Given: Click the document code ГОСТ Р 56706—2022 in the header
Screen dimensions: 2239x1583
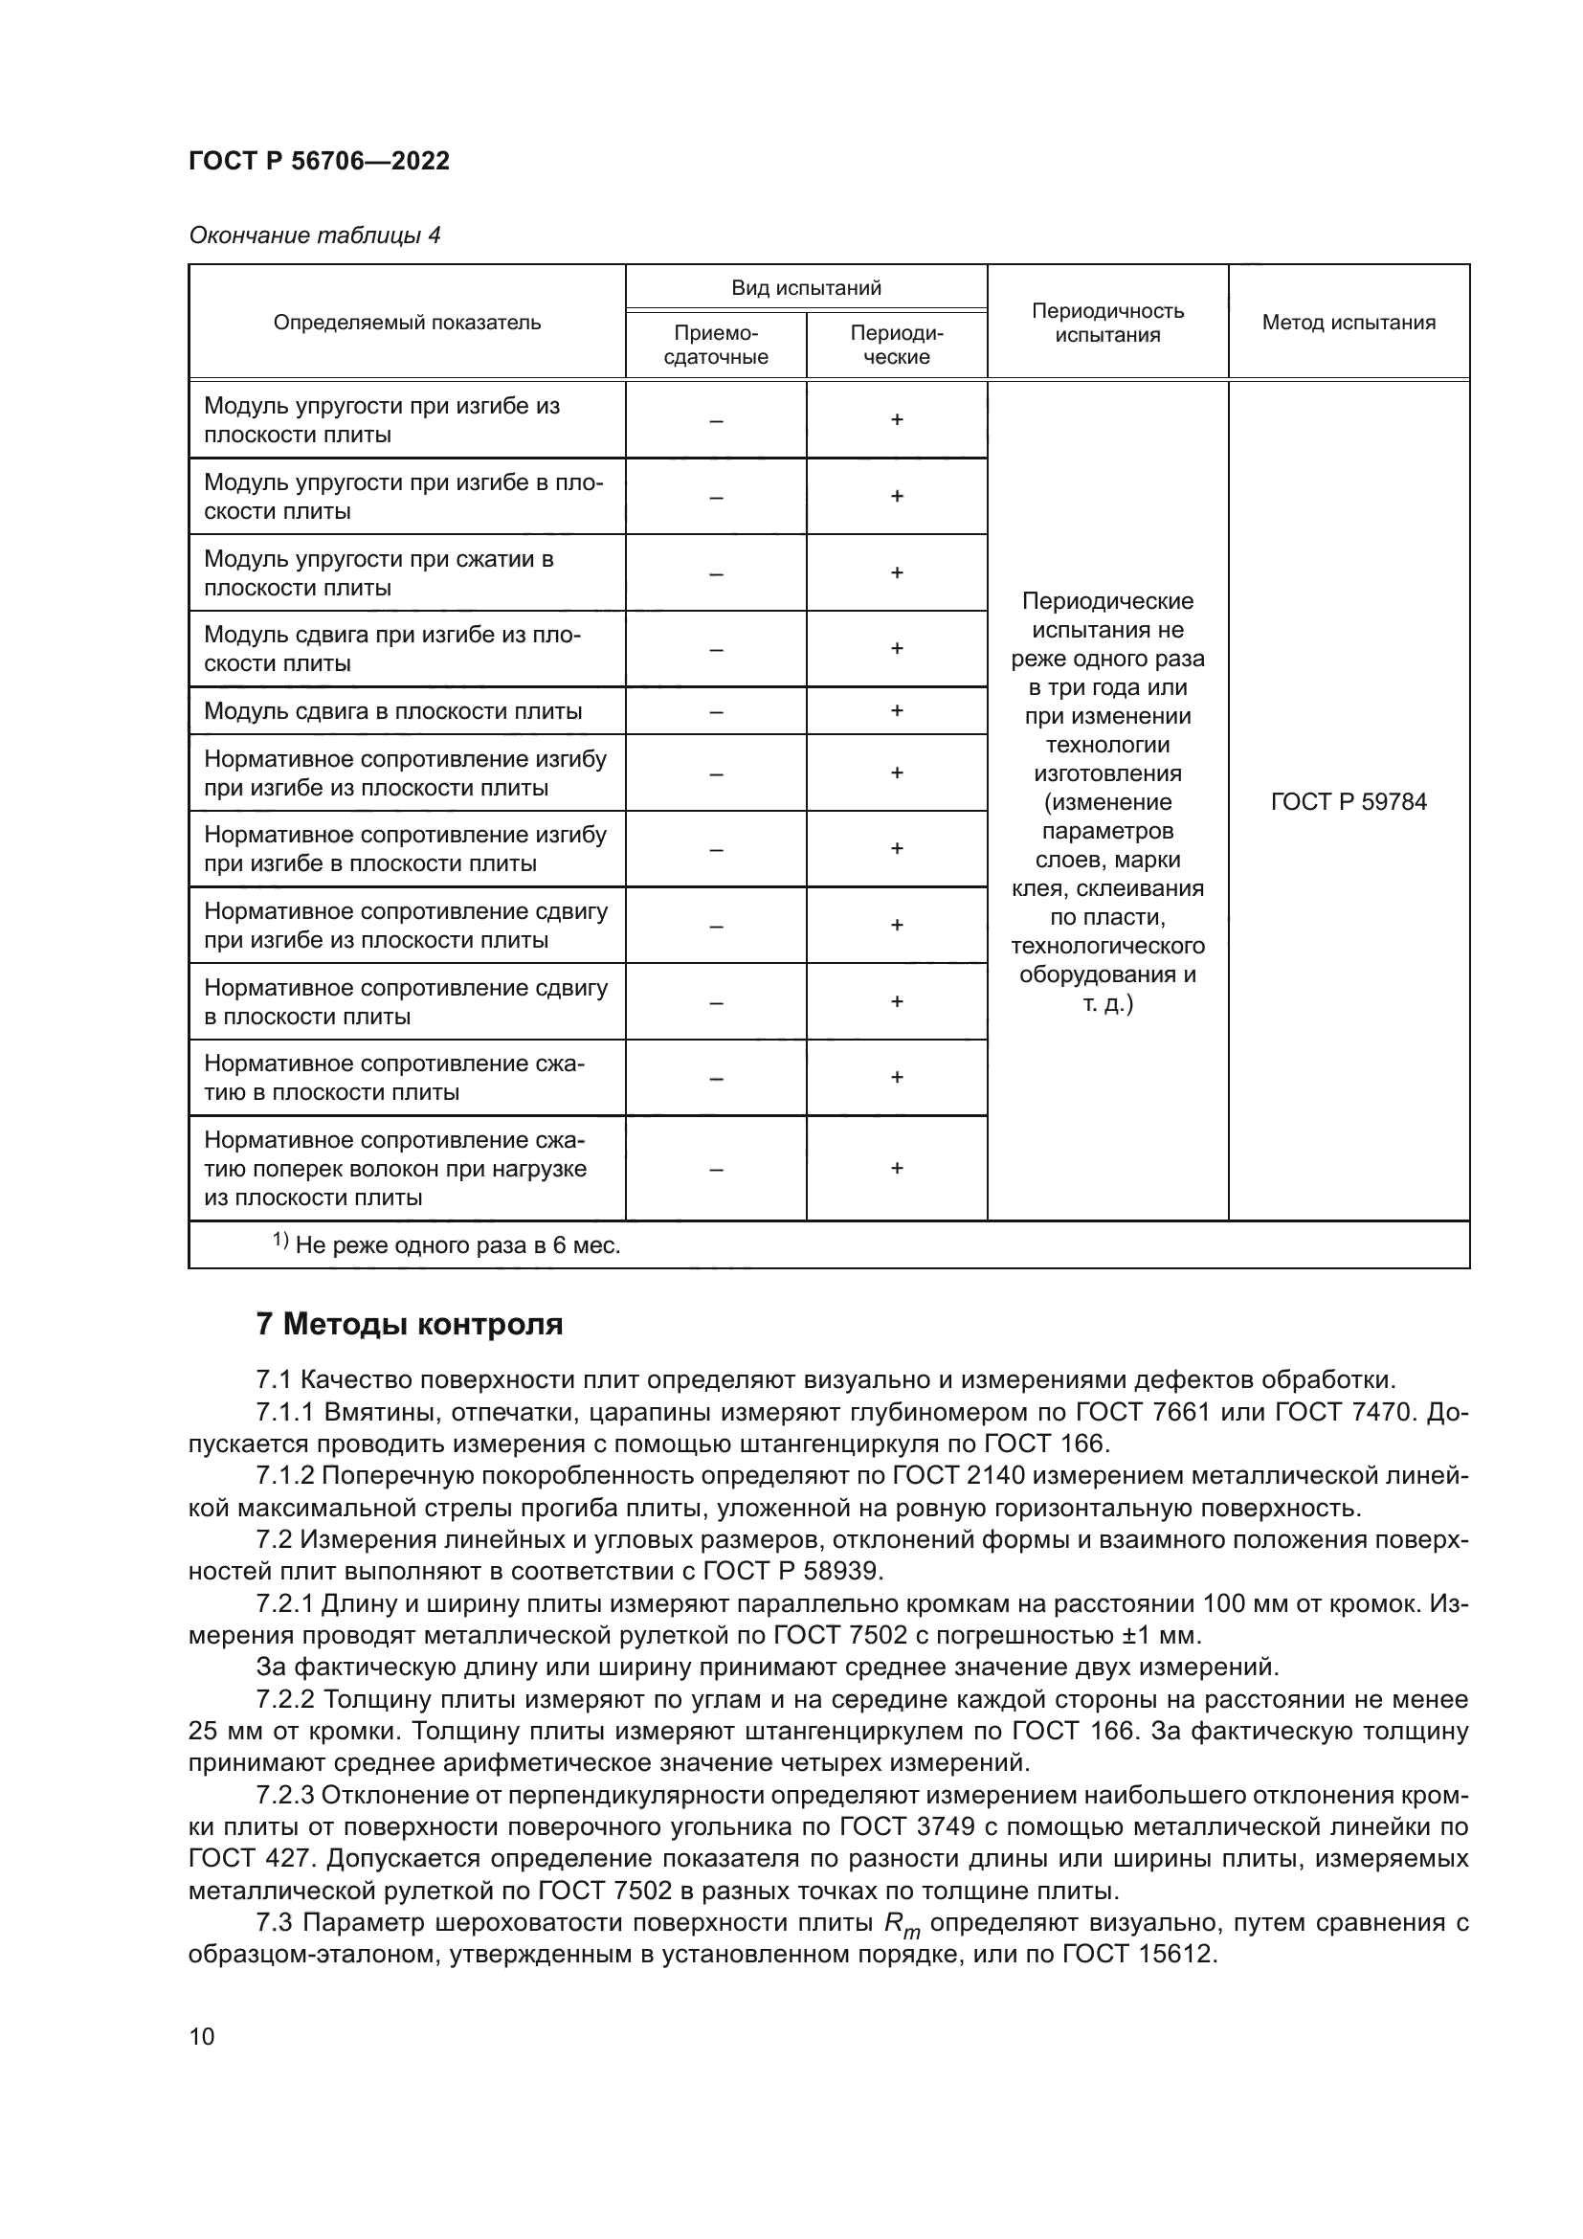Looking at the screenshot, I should pyautogui.click(x=319, y=161).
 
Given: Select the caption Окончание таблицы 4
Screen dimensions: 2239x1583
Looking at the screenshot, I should pyautogui.click(x=314, y=235).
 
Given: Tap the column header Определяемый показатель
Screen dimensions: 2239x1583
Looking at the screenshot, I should pyautogui.click(x=407, y=323).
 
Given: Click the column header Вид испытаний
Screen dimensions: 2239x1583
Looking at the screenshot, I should pyautogui.click(x=806, y=288).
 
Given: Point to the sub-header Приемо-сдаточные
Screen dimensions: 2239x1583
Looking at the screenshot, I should pyautogui.click(x=716, y=346).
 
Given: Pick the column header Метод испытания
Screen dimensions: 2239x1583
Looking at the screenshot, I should pyautogui.click(x=1349, y=323).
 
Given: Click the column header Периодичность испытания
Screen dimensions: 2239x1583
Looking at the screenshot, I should pyautogui.click(x=1107, y=323).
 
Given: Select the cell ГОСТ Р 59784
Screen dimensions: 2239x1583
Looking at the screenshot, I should pyautogui.click(x=1349, y=801).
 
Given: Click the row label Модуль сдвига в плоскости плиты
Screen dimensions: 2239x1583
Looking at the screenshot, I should pyautogui.click(x=392, y=711).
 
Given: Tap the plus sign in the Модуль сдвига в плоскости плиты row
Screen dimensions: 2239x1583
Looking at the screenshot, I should pyautogui.click(x=897, y=711).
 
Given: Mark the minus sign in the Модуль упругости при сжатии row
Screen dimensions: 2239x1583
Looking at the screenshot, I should pyautogui.click(x=716, y=573).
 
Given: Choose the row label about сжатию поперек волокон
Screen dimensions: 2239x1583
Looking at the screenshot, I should pyautogui.click(x=394, y=1168).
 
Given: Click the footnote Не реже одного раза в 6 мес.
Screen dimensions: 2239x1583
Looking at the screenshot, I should pyautogui.click(x=457, y=1245).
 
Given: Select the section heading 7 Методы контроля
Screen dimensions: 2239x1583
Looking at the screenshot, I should pyautogui.click(x=410, y=1324).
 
